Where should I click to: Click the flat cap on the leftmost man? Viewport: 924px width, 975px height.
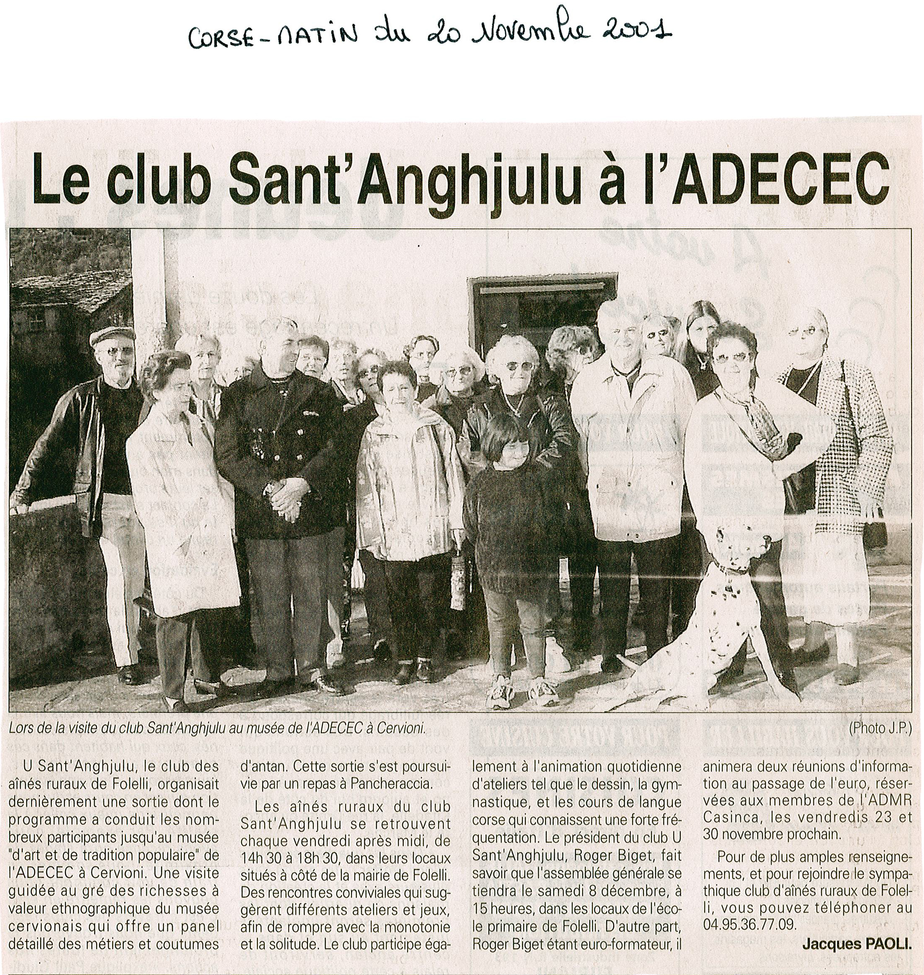coord(112,335)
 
